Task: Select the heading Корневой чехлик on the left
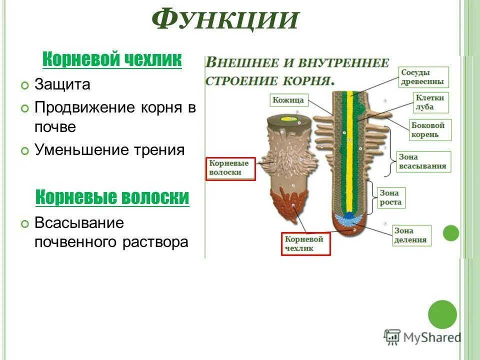coord(112,60)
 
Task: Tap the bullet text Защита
coord(62,84)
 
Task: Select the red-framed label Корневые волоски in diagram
coord(230,168)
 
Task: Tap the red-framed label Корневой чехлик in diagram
coord(305,243)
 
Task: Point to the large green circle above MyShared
coord(442,314)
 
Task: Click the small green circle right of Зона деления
coord(451,233)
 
